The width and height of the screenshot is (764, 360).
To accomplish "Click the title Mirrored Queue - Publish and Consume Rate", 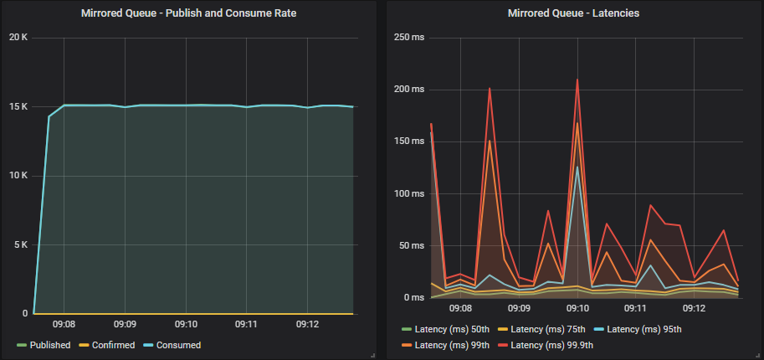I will click(x=188, y=13).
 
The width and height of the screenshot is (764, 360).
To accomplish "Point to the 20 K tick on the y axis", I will click(x=18, y=38).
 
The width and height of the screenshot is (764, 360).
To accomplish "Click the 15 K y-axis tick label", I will click(x=18, y=107).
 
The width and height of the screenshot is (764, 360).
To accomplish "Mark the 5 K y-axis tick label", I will click(x=21, y=245).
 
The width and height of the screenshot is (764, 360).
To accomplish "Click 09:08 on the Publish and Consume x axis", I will click(x=64, y=324).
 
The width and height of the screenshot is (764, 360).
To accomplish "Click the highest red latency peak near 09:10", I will click(x=577, y=80).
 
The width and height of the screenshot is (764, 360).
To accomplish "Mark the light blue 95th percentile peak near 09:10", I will click(x=577, y=167).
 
